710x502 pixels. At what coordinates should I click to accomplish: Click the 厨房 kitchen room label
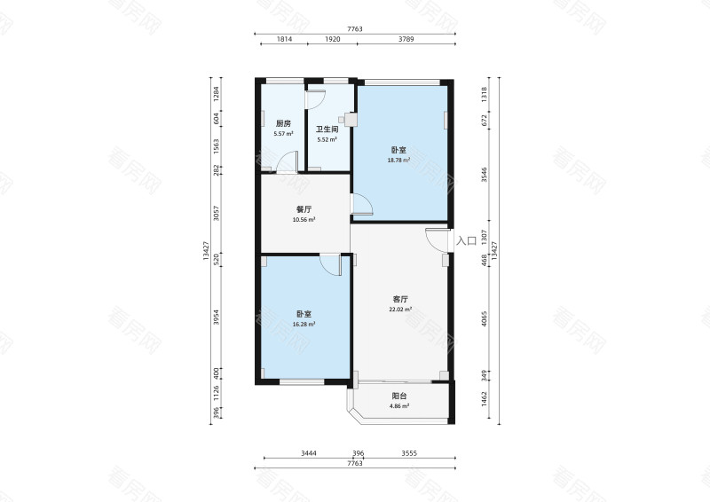coord(283,123)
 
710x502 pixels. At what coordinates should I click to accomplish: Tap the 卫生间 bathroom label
coord(327,129)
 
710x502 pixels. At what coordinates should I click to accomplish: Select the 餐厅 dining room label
coord(304,209)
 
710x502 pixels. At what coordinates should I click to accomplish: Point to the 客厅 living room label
coord(400,299)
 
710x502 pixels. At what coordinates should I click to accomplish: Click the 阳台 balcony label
coord(399,396)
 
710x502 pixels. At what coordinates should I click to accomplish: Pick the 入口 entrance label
coord(466,241)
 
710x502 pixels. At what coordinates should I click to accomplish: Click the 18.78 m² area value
coord(398,161)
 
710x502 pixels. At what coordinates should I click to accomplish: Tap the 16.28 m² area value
coord(304,324)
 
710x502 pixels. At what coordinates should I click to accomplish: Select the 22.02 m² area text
coord(400,310)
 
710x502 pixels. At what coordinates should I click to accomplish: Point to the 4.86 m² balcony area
coord(399,406)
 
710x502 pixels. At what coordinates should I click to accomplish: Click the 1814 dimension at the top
coord(284,39)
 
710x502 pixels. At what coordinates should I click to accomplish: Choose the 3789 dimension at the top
coord(406,39)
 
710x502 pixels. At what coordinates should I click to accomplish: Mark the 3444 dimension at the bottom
coord(309,453)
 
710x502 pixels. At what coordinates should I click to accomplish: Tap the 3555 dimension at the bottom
coord(409,453)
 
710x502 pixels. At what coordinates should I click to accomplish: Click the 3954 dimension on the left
coord(217,317)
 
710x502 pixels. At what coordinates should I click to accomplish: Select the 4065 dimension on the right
coord(484,318)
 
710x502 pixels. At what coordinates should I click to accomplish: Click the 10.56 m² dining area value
coord(304,220)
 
